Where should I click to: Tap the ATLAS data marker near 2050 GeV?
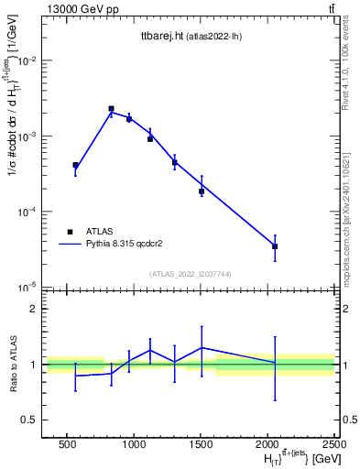(275, 246)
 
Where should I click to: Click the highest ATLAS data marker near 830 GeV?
(111, 108)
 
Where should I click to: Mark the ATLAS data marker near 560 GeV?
(75, 165)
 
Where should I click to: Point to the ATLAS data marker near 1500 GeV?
(202, 191)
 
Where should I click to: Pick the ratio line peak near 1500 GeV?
(202, 348)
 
